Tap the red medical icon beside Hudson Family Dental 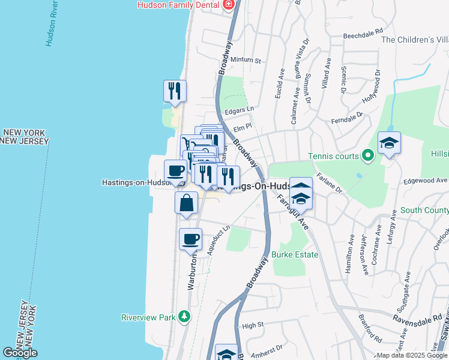228,5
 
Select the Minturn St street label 247,61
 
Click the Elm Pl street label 241,127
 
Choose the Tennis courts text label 333,156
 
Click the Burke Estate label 294,254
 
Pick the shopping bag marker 186,203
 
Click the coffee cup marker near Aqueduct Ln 191,239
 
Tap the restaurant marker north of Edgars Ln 175,91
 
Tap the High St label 252,325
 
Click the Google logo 20,353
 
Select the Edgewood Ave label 426,180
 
